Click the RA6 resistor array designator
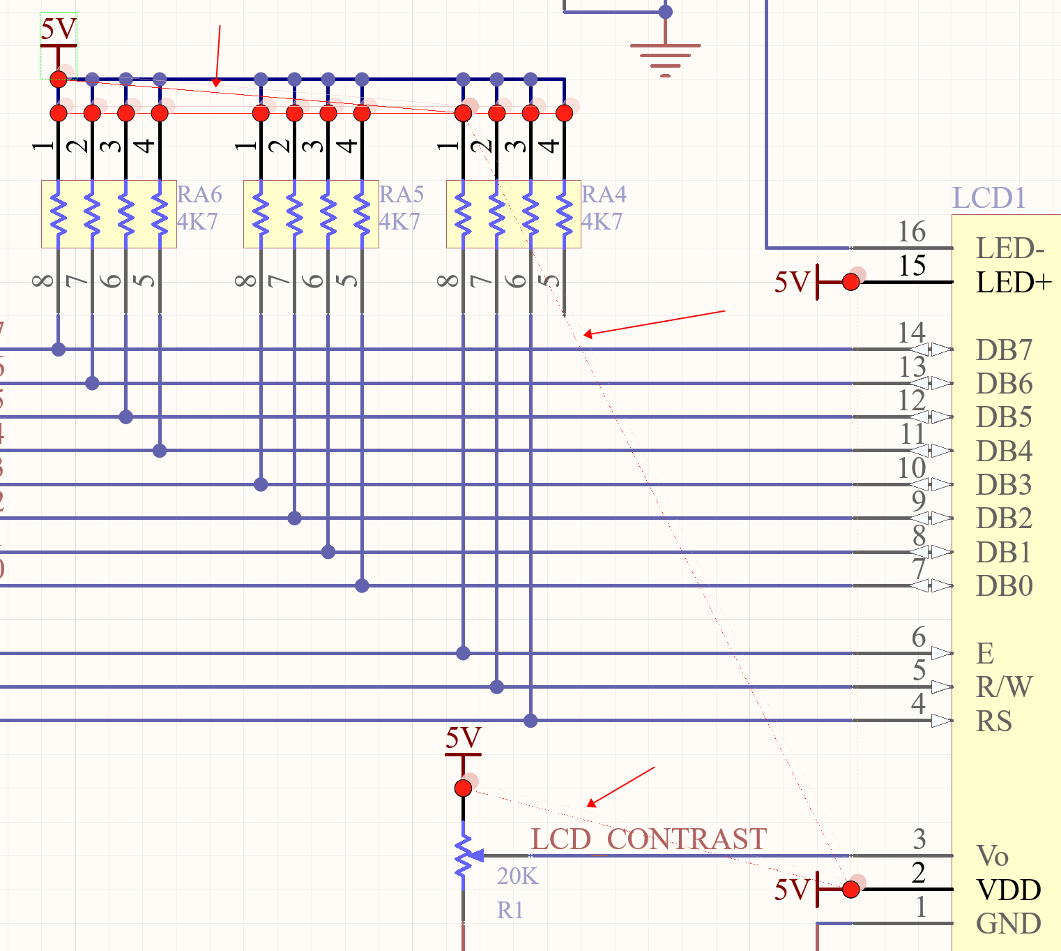(x=199, y=194)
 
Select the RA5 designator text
(x=402, y=194)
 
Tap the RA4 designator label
(x=604, y=194)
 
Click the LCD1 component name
(x=989, y=198)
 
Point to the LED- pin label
(x=1010, y=248)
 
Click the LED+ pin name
(x=1014, y=283)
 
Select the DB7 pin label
(x=1004, y=350)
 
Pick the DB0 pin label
(x=1004, y=586)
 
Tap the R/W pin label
(x=1004, y=687)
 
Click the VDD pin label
(x=1009, y=890)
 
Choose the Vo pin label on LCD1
(x=992, y=856)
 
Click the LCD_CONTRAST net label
(x=648, y=839)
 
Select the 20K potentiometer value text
(x=517, y=876)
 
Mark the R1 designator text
(x=510, y=911)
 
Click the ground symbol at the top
(x=665, y=56)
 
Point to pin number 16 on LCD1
(x=912, y=232)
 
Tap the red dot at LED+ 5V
(x=850, y=282)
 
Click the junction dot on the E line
(x=463, y=653)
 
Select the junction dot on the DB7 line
(x=59, y=349)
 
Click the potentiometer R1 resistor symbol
(x=464, y=856)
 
